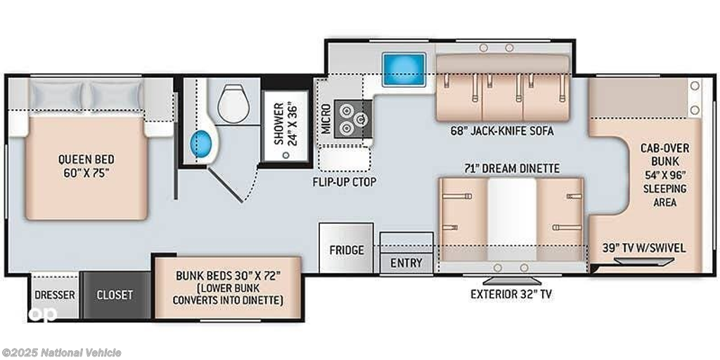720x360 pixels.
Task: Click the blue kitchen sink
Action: (404, 70)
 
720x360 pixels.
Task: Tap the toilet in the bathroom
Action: (233, 103)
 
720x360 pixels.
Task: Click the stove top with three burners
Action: (353, 117)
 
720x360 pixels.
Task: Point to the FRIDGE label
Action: (347, 250)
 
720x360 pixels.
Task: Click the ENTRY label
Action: (406, 263)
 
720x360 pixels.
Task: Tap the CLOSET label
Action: (115, 295)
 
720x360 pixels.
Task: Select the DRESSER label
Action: (55, 295)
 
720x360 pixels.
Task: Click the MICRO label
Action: (326, 118)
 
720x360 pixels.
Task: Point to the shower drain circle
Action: (286, 155)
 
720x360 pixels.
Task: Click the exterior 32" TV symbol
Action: (511, 281)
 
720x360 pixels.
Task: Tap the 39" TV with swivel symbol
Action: (644, 262)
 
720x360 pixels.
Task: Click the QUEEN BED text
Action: (86, 160)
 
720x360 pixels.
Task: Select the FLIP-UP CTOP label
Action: (345, 182)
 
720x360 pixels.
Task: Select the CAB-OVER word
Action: (665, 148)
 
